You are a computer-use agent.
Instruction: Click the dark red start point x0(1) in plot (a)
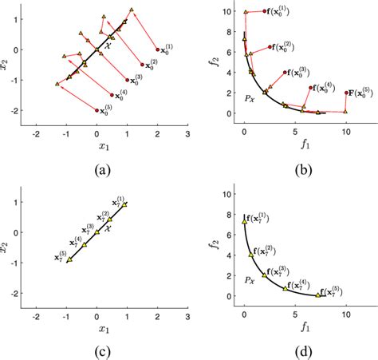(x=158, y=49)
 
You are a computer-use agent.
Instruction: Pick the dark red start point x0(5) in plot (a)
(x=97, y=111)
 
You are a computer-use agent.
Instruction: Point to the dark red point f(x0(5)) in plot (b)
(x=346, y=92)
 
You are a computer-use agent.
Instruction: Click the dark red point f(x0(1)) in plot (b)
(x=264, y=11)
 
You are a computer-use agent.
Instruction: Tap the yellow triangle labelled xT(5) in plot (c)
(x=69, y=259)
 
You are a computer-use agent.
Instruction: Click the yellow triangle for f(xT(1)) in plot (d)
(x=244, y=221)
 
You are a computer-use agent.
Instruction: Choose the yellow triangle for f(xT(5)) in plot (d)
(x=317, y=295)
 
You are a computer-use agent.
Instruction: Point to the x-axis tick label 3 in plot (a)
(x=187, y=135)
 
